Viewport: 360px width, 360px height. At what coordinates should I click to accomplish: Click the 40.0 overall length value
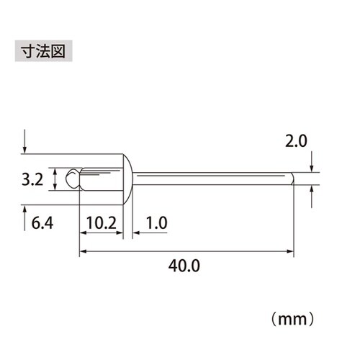pyautogui.click(x=184, y=265)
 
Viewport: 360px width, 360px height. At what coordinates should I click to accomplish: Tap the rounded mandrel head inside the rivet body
pyautogui.click(x=72, y=178)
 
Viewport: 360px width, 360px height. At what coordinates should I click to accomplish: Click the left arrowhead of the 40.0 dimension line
pyautogui.click(x=81, y=251)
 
